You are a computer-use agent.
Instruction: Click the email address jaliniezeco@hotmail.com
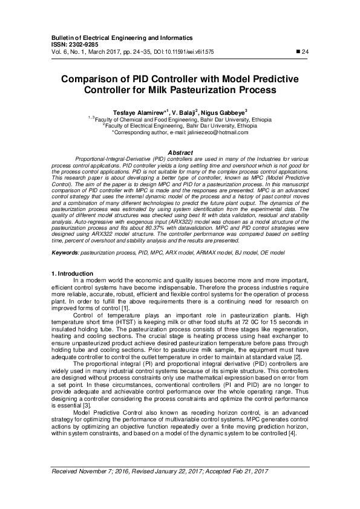click(x=214, y=131)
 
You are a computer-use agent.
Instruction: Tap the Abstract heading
click(x=180, y=152)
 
